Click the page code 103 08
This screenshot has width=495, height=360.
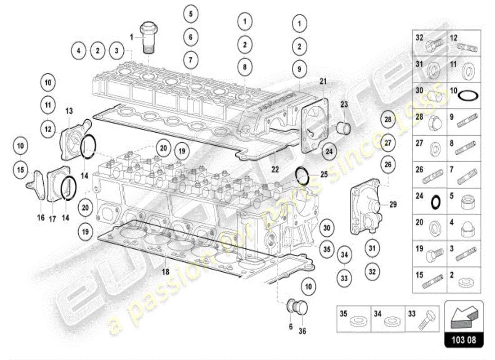(463, 340)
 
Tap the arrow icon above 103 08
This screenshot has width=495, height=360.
(463, 316)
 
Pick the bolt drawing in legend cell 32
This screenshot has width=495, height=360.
(432, 44)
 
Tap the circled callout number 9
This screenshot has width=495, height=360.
(299, 69)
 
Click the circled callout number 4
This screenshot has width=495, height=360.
(78, 51)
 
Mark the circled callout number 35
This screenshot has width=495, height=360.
(328, 248)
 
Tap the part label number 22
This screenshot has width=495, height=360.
(275, 170)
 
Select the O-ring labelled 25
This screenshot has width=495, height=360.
(303, 176)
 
